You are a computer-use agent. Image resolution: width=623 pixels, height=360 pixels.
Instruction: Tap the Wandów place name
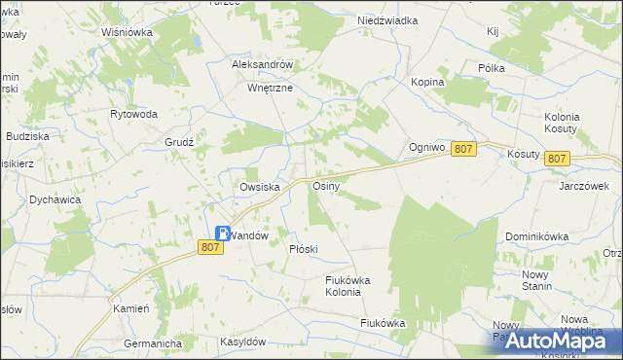247,235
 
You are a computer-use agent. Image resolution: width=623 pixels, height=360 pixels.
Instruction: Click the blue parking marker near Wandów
223,234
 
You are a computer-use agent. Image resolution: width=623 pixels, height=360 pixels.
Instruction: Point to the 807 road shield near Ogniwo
464,148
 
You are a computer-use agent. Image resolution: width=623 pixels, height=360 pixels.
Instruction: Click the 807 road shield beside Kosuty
557,158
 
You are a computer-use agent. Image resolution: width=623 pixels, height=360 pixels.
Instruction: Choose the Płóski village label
304,249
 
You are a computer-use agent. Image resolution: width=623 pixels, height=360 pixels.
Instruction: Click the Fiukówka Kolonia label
348,286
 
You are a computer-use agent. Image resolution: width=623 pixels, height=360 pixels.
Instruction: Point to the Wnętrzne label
270,87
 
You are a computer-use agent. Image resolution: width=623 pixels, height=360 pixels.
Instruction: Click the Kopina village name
427,82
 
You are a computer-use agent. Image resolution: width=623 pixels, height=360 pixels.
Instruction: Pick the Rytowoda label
134,114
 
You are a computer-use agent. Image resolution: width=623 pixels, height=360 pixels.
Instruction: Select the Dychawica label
55,199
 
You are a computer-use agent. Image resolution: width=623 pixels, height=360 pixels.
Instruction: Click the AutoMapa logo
552,341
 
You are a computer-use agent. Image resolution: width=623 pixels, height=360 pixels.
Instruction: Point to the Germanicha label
154,343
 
